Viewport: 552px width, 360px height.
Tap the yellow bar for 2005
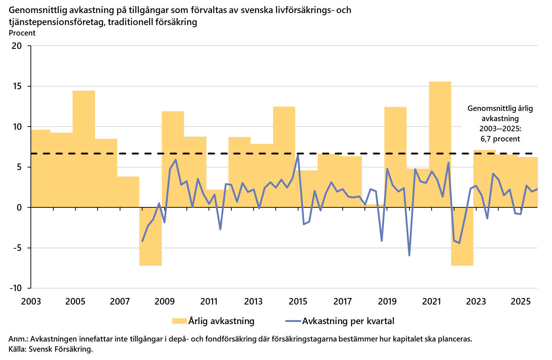point(84,149)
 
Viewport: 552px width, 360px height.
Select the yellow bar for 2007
point(128,192)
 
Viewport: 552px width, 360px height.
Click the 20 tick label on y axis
point(17,46)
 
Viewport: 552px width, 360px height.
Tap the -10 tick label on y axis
point(15,288)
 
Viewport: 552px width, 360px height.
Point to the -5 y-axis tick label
point(17,248)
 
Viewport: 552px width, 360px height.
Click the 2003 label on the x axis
point(31,302)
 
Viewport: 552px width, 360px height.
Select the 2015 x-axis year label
point(298,302)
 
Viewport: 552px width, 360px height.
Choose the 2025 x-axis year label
point(520,302)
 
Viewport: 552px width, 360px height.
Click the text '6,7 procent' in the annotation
point(500,139)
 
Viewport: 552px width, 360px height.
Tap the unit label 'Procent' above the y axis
point(22,33)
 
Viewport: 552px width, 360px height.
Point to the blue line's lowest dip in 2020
point(409,255)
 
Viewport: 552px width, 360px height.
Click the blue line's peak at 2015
point(298,154)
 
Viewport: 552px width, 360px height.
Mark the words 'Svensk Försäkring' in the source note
point(60,349)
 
